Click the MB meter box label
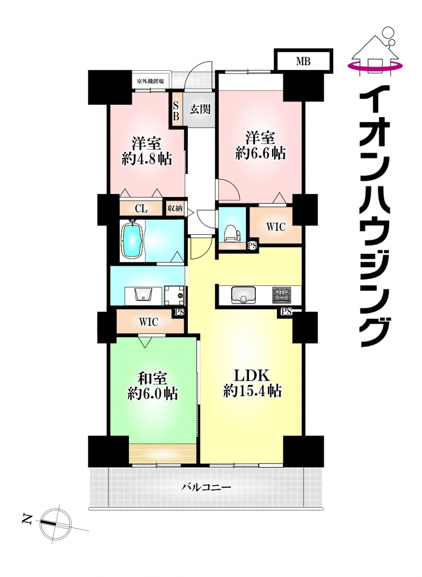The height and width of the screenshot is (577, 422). pos(304,62)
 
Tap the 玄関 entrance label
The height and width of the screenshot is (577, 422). pos(200,110)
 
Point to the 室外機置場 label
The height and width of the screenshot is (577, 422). pos(150,82)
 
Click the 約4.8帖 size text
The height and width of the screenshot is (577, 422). pos(147,160)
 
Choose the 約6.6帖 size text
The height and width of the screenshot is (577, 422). pos(260,154)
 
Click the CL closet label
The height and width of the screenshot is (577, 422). pos(141,208)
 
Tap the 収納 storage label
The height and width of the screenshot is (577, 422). pos(175,208)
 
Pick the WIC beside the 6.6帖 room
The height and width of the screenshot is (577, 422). pos(276,227)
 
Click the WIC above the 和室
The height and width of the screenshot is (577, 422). pos(149,322)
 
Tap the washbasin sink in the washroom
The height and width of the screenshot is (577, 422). pos(144,294)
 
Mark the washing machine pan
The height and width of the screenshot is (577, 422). pos(174,295)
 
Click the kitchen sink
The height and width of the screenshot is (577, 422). pos(243,295)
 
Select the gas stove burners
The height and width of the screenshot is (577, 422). pos(281,295)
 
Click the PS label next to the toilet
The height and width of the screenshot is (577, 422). pos(252,246)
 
